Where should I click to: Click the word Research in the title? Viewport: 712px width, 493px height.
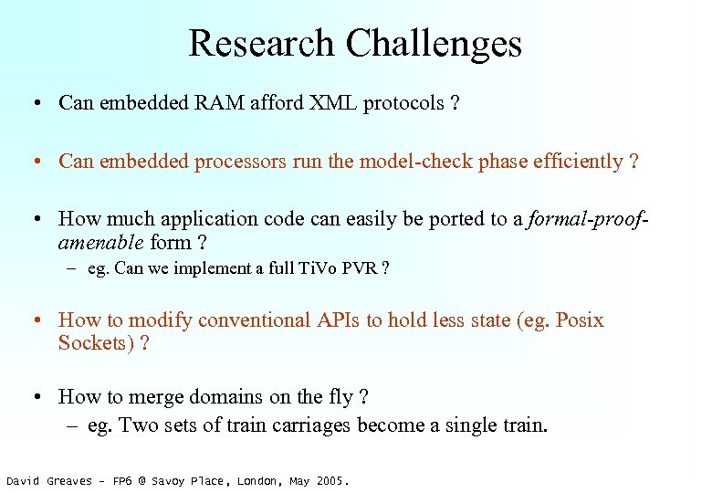tap(261, 44)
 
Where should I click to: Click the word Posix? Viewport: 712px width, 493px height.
tap(579, 320)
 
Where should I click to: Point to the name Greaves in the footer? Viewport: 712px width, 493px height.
tap(69, 480)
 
